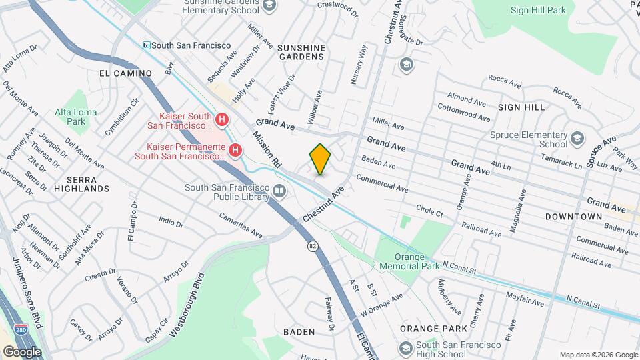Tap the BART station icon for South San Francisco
tap(145, 45)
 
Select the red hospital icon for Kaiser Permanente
tap(234, 151)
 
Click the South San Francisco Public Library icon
tap(280, 193)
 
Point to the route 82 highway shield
tap(312, 246)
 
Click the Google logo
tap(21, 351)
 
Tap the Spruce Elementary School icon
tap(577, 139)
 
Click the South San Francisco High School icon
tap(405, 349)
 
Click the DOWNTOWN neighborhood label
tap(573, 217)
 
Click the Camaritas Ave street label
tap(241, 225)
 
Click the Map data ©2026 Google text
tap(598, 354)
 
